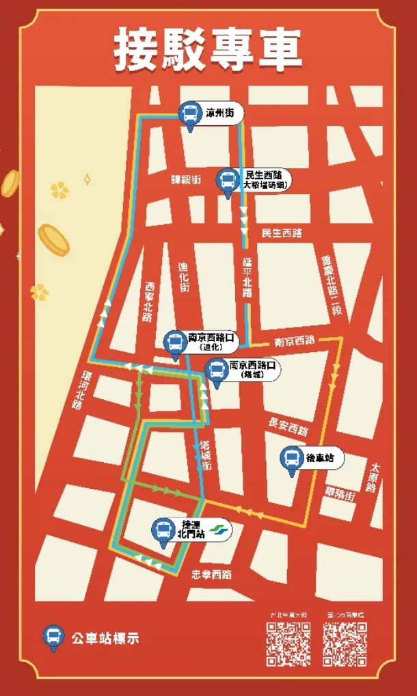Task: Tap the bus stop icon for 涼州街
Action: coord(189,115)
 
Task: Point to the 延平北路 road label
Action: coord(247,278)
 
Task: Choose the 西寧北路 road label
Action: coord(150,302)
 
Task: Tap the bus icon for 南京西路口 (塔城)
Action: coord(216,371)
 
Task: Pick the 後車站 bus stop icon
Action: coord(292,459)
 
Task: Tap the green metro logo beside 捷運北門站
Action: coord(218,529)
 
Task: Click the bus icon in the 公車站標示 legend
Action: coord(52,637)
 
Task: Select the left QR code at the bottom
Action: coord(288,643)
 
